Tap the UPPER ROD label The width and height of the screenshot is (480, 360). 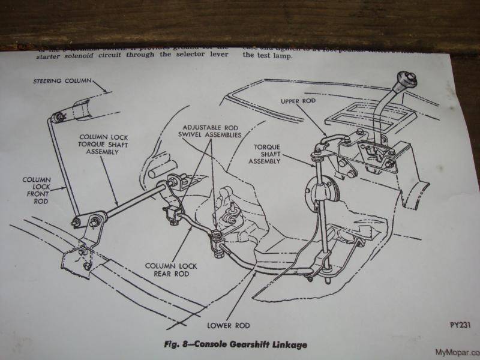(x=298, y=101)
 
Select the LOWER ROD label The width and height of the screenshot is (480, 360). (x=228, y=326)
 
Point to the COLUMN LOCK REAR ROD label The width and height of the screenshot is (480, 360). (x=166, y=269)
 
